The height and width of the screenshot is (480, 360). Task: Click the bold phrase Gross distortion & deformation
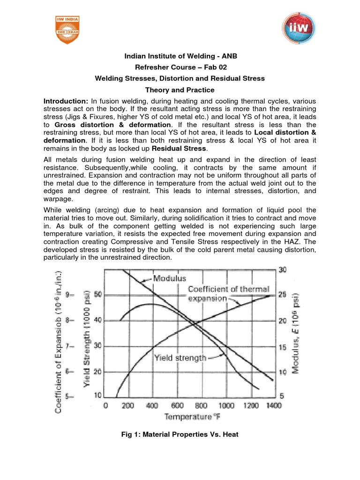[113, 125]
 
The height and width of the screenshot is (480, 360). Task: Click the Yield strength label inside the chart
[180, 358]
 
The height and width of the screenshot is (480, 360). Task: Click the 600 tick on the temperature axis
[178, 405]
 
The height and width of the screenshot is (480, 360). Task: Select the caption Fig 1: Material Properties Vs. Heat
[180, 435]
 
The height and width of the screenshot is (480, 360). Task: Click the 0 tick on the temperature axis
[105, 405]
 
